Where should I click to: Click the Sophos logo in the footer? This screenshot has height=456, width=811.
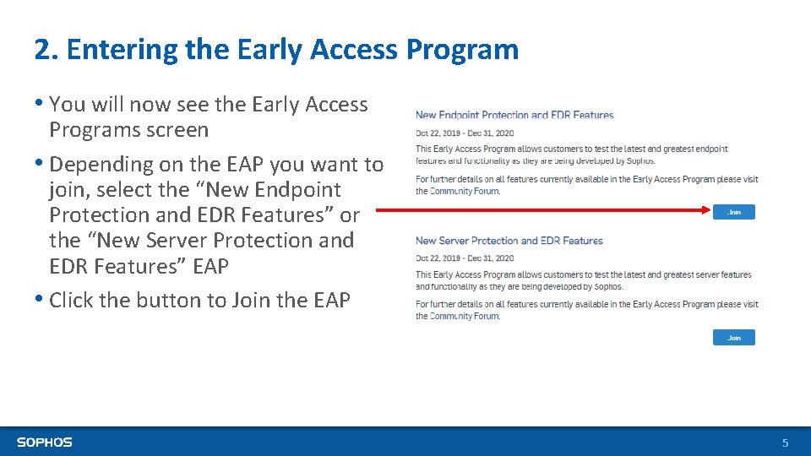45,442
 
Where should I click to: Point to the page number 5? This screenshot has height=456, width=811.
785,442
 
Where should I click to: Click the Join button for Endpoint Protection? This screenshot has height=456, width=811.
733,212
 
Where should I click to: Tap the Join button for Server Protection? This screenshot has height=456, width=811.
733,338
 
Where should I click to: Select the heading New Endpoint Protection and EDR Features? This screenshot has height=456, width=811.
514,115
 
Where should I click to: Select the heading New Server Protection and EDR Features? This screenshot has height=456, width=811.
509,241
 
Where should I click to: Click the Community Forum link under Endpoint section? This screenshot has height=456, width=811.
465,191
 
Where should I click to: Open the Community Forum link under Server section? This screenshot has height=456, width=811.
465,317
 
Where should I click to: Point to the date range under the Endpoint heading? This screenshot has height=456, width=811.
465,133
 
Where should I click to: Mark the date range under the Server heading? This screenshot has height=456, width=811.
465,258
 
